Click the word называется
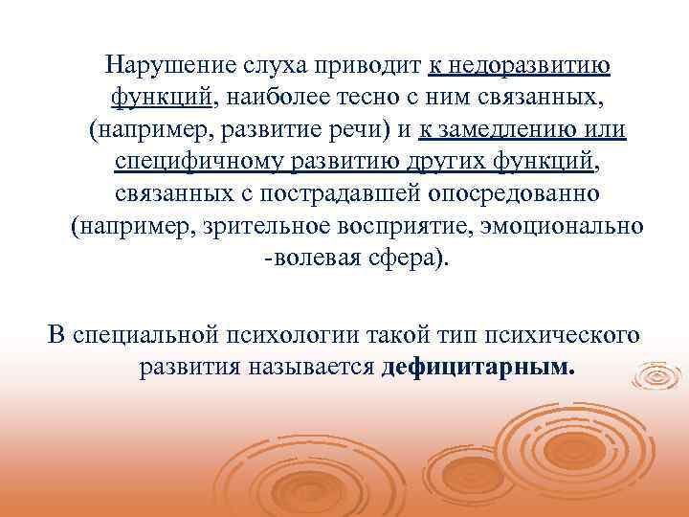point(321,368)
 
